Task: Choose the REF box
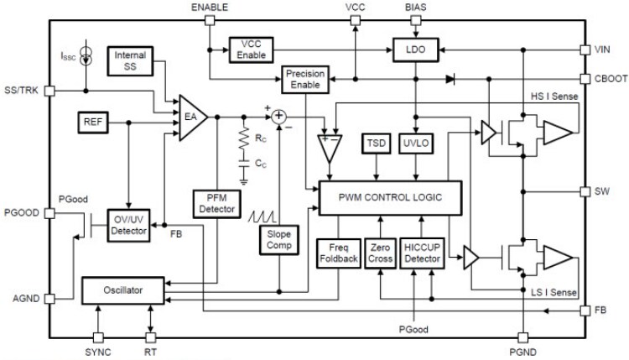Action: click(x=91, y=122)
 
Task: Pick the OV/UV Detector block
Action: click(x=129, y=224)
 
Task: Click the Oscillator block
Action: click(x=122, y=290)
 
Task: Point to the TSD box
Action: click(x=374, y=144)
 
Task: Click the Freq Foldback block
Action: click(x=337, y=252)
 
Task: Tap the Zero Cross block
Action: click(x=380, y=252)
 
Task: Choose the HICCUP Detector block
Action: click(x=422, y=252)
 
